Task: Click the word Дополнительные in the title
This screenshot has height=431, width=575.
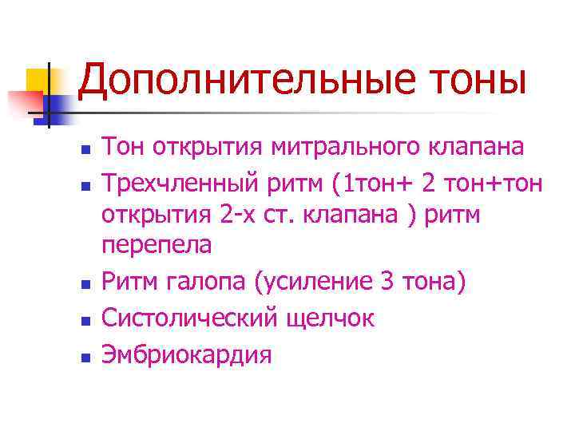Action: [x=237, y=83]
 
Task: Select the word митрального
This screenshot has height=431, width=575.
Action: [x=347, y=148]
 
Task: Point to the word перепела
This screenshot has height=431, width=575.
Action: [x=157, y=245]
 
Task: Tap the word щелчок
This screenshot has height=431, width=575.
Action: [x=339, y=318]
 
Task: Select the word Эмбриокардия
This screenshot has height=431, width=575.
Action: [x=186, y=354]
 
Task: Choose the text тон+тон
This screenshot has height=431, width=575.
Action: [x=496, y=184]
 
